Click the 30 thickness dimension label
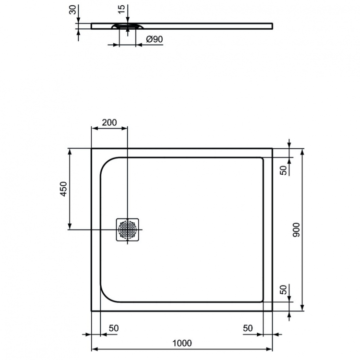72,11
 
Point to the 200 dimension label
109,122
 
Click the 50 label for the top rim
284,170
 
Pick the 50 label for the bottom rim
284,290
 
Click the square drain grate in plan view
128,229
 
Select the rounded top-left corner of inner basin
107,164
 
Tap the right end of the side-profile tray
272,25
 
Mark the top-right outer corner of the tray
272,149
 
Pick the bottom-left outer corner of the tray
92,311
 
